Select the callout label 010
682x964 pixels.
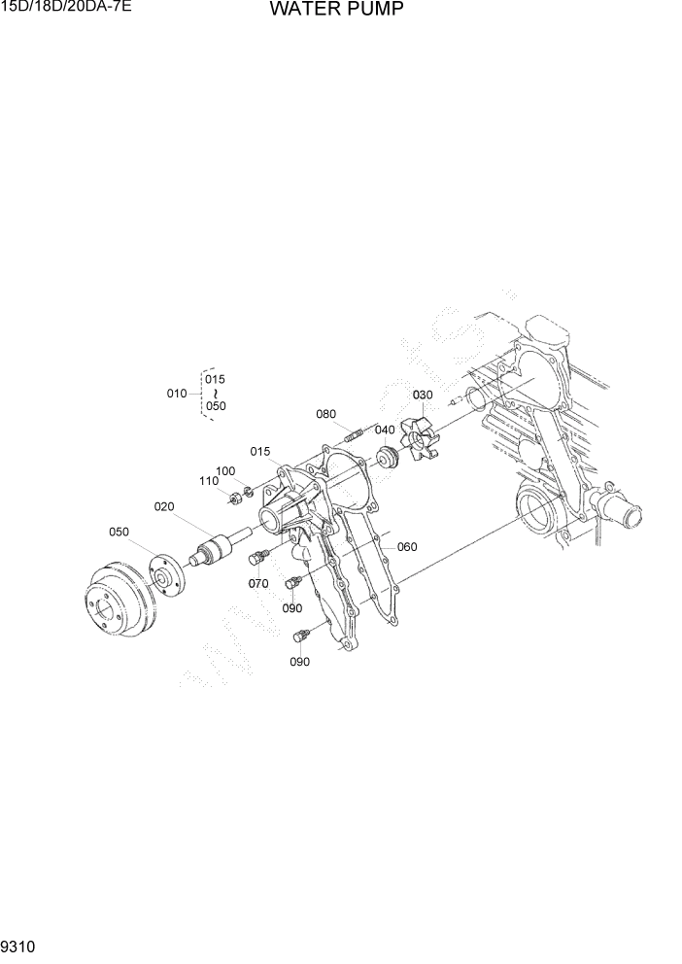pos(177,394)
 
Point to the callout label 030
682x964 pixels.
pos(423,396)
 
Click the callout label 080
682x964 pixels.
pos(326,414)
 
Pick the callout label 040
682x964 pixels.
pos(385,430)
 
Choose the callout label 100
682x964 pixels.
pos(225,471)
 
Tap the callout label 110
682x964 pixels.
pos(209,481)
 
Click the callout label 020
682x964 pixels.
pos(164,506)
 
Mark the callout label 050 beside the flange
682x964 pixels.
pos(119,532)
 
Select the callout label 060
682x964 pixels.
pos(407,547)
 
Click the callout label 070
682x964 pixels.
pos(258,584)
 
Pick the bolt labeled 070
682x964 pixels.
pos(259,558)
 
